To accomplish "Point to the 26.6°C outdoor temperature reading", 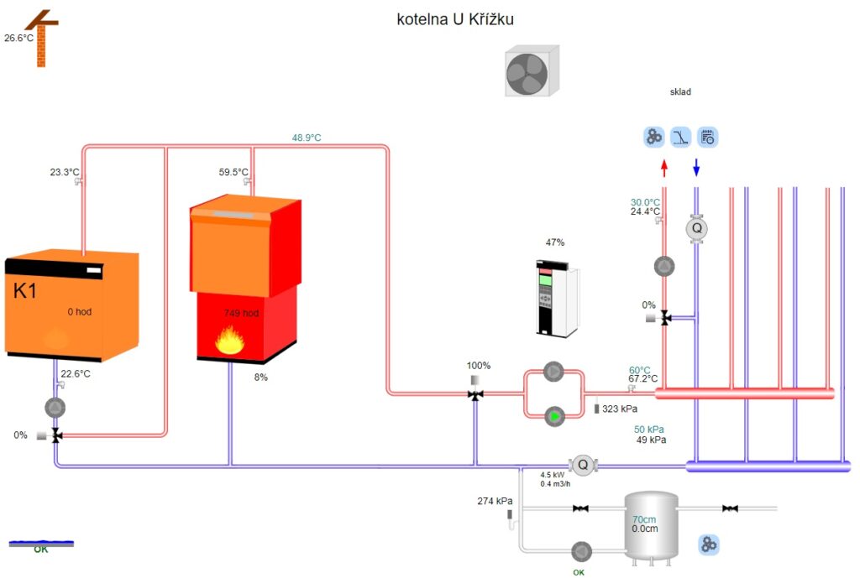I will tap(18, 38).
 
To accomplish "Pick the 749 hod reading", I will tap(241, 313).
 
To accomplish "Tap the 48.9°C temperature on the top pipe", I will tap(307, 138).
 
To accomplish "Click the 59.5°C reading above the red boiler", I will tap(233, 172).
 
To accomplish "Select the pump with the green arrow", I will tap(553, 415).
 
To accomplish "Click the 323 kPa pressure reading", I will tap(620, 409).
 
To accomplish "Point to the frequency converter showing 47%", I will tap(555, 299).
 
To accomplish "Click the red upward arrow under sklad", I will tap(664, 168).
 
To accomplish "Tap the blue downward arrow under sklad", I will tap(695, 168).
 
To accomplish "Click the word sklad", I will tap(679, 92).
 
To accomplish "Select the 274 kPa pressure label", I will tap(495, 501).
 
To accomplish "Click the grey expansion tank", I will tap(651, 527).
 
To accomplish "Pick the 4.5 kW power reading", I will tap(552, 474).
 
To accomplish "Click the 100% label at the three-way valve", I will tap(479, 366).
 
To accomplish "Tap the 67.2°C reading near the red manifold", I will tap(643, 379).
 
